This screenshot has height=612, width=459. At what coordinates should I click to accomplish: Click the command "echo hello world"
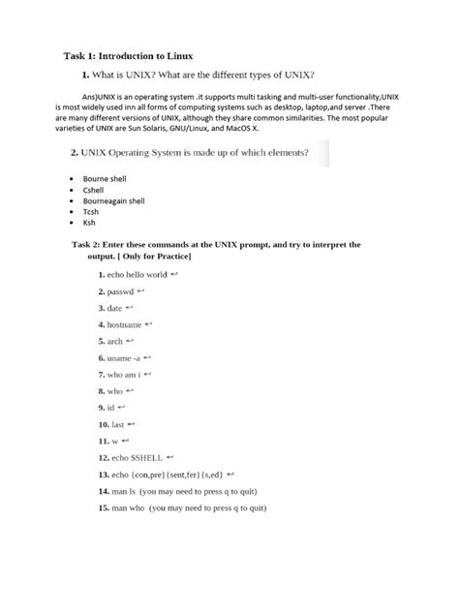(138, 275)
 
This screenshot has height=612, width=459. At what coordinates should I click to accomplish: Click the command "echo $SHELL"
(136, 457)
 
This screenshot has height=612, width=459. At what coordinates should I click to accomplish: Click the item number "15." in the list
(104, 507)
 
